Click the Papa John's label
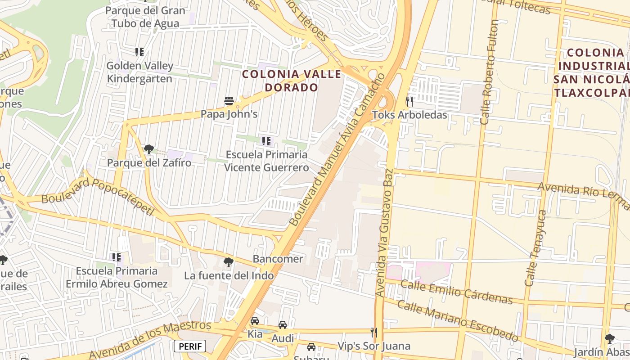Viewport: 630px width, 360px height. click(x=229, y=114)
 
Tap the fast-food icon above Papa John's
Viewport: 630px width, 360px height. click(x=229, y=100)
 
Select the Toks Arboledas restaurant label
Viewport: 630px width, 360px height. click(x=409, y=115)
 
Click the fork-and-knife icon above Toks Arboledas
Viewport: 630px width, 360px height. click(x=409, y=101)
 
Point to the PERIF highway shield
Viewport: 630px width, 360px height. click(x=189, y=346)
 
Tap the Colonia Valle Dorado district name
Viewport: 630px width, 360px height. click(x=292, y=80)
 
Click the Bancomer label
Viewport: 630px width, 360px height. click(x=278, y=259)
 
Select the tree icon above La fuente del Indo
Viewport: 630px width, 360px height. click(x=229, y=262)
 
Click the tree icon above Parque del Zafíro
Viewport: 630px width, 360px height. click(x=148, y=149)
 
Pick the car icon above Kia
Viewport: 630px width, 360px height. click(x=255, y=321)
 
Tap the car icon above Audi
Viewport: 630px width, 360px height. click(x=283, y=324)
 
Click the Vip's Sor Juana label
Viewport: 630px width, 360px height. click(x=374, y=346)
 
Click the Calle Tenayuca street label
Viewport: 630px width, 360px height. click(x=535, y=248)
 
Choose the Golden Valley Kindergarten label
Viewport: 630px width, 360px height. click(x=139, y=72)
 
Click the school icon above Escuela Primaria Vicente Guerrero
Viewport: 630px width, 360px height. click(x=266, y=141)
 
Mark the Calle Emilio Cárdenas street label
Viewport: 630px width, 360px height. click(x=456, y=292)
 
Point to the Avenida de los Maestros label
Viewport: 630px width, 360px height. click(x=149, y=340)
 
